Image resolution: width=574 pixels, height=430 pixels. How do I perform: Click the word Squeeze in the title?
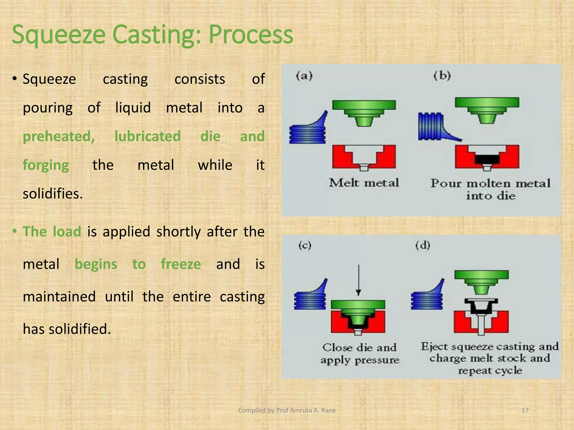pos(58,35)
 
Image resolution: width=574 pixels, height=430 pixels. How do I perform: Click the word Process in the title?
pos(251,35)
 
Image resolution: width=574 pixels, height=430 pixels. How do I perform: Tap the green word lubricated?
pos(147,137)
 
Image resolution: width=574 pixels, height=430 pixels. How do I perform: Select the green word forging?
pos(46,165)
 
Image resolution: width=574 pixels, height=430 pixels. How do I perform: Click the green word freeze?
pos(181,264)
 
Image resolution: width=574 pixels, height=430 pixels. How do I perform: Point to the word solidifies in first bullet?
pos(53,194)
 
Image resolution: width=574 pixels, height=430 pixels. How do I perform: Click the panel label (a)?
pos(304,76)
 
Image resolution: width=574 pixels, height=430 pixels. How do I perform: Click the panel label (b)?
pos(442,76)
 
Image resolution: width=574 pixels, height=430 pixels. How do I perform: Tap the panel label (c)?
pos(305,246)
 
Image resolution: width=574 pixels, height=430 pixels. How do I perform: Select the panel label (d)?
pos(423,246)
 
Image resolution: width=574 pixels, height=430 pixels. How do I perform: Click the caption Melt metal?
pos(364,183)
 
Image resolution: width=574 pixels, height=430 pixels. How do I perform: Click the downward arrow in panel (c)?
pos(358,280)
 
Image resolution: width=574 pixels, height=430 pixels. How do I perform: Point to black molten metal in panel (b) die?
pos(487,159)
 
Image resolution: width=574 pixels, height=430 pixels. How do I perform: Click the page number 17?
pos(525,410)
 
